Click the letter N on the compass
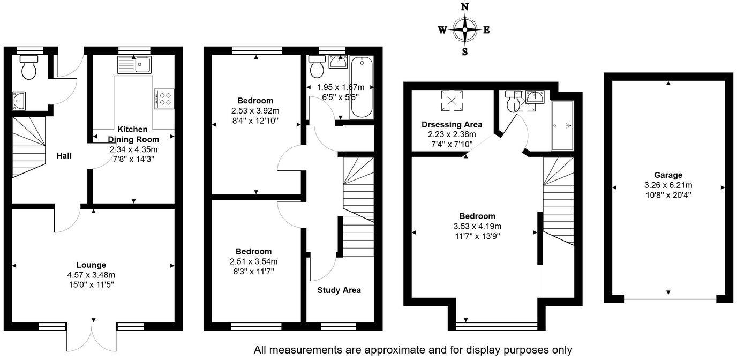(x=465, y=7)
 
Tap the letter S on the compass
(x=465, y=52)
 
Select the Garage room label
(x=668, y=175)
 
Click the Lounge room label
(x=91, y=265)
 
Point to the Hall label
(x=64, y=156)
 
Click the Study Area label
(x=339, y=290)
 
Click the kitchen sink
(x=134, y=65)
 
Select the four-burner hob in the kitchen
(x=164, y=99)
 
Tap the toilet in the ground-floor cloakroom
(x=28, y=68)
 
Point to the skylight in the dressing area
(x=452, y=100)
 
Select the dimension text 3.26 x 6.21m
(x=668, y=185)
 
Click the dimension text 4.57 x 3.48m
(x=91, y=275)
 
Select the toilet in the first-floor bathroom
(x=317, y=69)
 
